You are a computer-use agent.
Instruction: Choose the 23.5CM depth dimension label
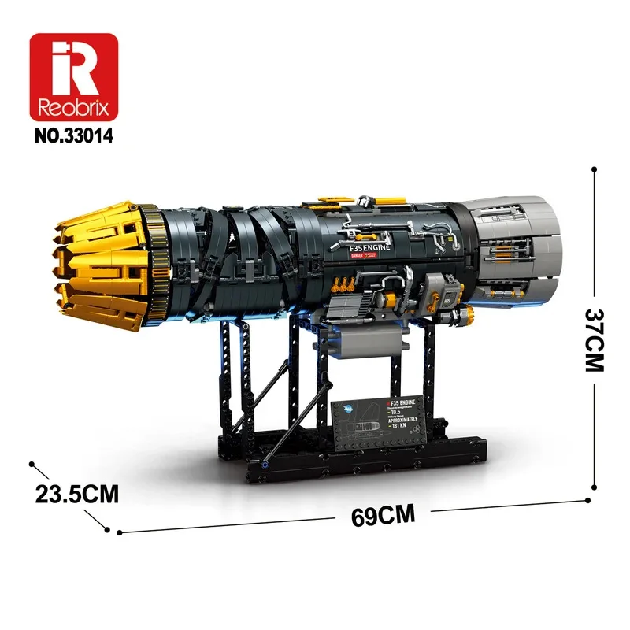(76, 494)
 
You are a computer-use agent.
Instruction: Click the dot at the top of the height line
(591, 169)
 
